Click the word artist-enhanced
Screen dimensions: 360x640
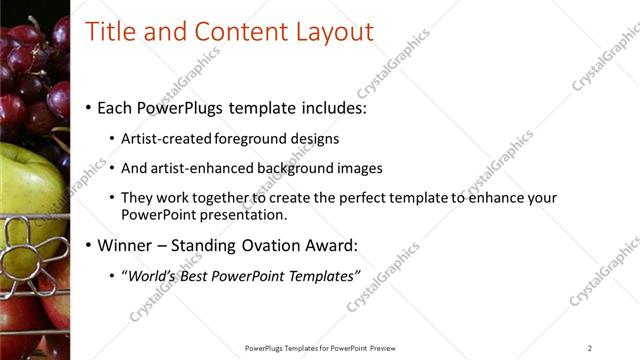click(x=196, y=169)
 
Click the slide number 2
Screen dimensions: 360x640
click(x=590, y=348)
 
